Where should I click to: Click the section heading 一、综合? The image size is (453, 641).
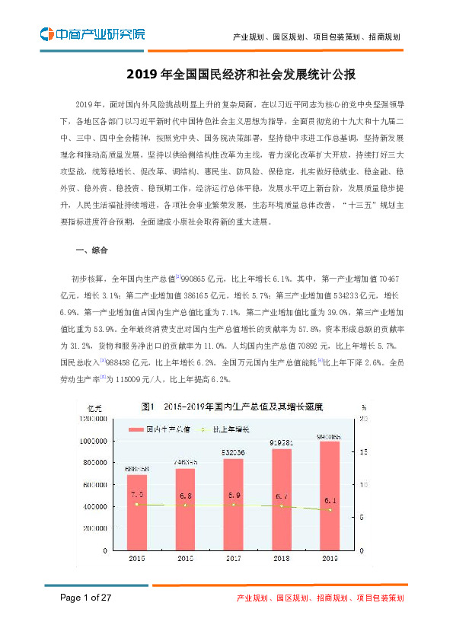click(92, 250)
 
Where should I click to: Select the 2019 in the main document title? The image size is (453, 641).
click(140, 75)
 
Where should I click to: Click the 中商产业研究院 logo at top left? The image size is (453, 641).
click(92, 34)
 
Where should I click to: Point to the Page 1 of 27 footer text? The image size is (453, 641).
click(86, 598)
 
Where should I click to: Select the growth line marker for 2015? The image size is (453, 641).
click(136, 504)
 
